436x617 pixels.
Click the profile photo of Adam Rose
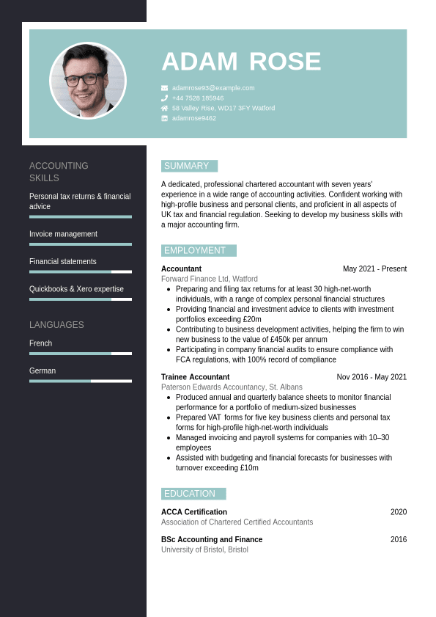88,81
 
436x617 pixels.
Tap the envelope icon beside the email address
164,88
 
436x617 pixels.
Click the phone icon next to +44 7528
164,98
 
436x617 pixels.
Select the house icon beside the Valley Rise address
164,108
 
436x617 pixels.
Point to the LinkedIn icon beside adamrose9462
164,118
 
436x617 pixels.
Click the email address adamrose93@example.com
213,88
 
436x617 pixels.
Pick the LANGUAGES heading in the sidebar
56,325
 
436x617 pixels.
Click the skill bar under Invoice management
81,244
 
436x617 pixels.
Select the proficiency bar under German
81,381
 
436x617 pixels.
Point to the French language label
41,343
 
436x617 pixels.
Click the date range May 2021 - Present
374,269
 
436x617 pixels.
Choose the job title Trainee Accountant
195,377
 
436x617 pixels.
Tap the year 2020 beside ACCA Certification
398,512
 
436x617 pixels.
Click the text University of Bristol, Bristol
204,550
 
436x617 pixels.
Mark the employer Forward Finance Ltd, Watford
209,280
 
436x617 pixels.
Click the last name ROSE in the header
285,62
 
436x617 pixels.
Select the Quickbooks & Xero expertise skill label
76,289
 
